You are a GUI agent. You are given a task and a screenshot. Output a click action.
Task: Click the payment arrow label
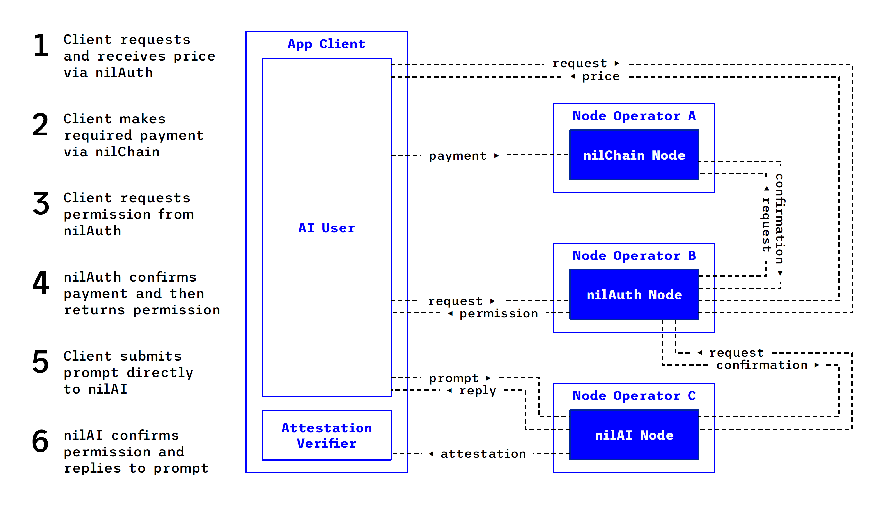(458, 155)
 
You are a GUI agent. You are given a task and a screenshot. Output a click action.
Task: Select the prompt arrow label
(454, 378)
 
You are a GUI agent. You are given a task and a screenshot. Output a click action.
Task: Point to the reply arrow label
(477, 390)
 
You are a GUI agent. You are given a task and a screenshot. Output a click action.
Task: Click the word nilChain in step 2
(128, 152)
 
